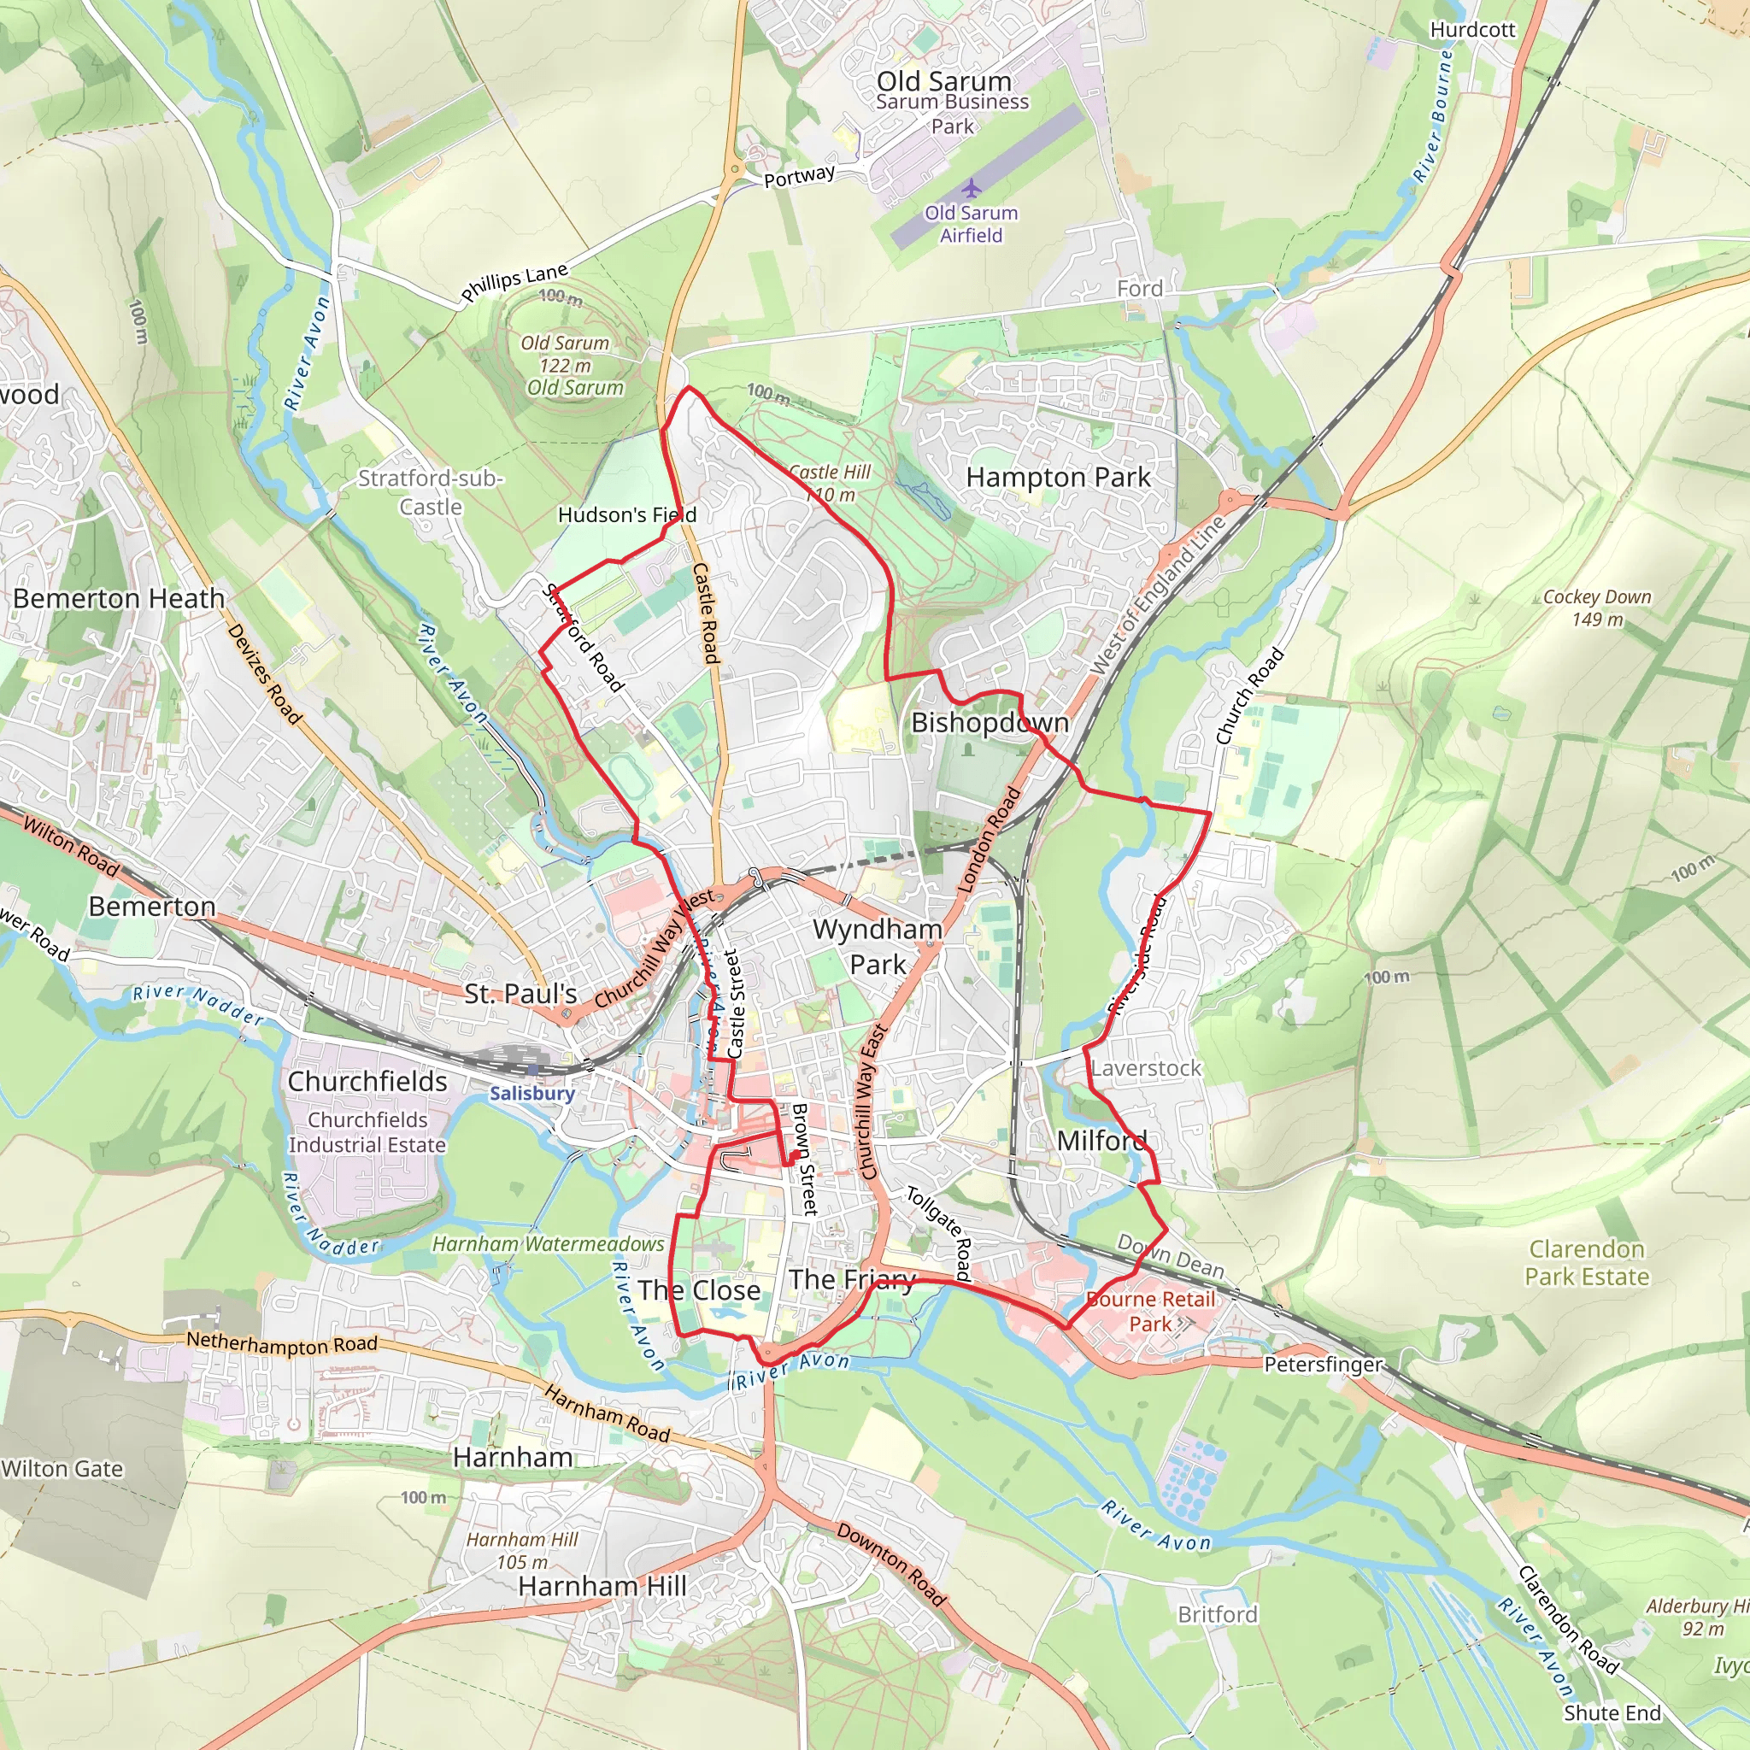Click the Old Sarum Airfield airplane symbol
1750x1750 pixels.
click(971, 188)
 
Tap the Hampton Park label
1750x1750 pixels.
click(1058, 478)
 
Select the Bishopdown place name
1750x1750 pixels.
click(990, 722)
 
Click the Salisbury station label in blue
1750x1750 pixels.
click(531, 1093)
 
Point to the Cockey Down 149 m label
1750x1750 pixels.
click(1597, 608)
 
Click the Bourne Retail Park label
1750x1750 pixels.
click(1150, 1311)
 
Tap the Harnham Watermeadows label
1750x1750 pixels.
click(548, 1243)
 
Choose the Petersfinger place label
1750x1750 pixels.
click(1323, 1364)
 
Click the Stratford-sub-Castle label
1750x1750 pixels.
click(431, 492)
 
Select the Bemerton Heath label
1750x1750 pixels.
click(119, 599)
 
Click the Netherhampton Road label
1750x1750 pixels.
click(282, 1344)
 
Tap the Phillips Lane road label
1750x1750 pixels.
click(514, 282)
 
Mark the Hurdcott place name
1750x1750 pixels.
click(1472, 30)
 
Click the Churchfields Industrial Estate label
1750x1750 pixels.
click(367, 1132)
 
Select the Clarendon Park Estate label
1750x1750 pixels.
click(1586, 1263)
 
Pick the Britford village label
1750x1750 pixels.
click(1218, 1614)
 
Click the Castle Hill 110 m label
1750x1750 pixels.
click(830, 484)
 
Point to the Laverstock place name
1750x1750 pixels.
click(1146, 1068)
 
